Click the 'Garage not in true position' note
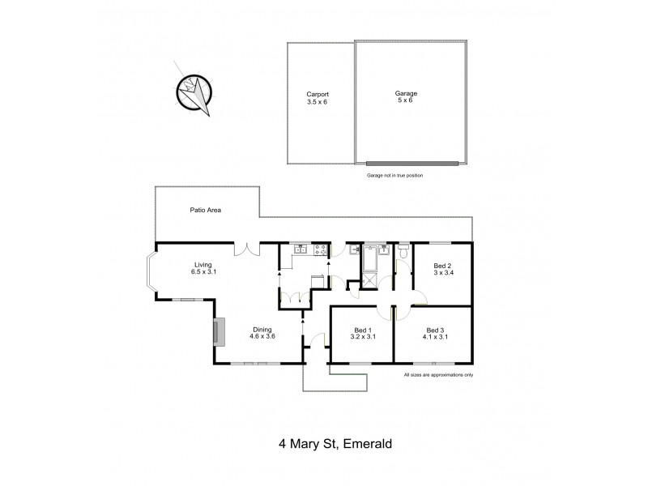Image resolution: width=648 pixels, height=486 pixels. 395,175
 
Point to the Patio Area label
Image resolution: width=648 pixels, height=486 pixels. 206,210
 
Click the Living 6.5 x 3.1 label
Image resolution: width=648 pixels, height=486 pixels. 205,268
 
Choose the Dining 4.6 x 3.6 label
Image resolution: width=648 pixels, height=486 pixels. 264,332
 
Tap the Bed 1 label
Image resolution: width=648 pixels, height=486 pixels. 362,333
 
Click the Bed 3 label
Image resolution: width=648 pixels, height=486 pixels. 435,333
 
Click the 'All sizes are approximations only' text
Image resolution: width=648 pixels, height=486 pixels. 438,375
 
